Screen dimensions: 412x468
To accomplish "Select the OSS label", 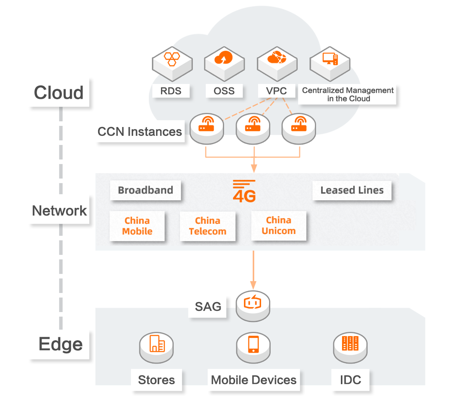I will click(224, 91).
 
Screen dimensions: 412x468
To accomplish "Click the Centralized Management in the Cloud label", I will click(348, 94).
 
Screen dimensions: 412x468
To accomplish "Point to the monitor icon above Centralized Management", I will click(330, 59).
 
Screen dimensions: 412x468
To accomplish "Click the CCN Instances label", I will click(140, 131).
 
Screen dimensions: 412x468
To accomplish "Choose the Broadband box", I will click(145, 190).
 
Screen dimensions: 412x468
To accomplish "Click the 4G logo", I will click(244, 192).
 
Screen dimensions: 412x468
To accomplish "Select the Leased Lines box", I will click(352, 190).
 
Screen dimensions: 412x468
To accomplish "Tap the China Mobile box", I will click(137, 226).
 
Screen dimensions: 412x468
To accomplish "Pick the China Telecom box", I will click(208, 226).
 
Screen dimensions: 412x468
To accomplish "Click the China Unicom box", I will click(279, 226).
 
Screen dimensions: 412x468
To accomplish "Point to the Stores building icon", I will click(157, 344).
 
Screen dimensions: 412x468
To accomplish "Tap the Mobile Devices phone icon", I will click(253, 345).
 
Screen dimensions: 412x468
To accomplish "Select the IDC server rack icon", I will click(350, 344).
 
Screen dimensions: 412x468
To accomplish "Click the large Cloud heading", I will click(59, 93).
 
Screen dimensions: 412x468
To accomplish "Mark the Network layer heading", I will click(59, 211).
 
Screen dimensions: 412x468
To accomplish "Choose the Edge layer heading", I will click(60, 344).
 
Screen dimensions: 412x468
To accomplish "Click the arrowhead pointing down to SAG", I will click(253, 285).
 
